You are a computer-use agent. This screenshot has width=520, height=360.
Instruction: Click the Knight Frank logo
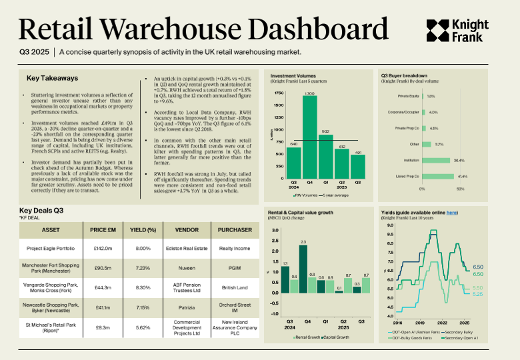(x=457, y=29)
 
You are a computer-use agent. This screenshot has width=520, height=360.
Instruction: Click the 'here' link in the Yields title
(x=451, y=213)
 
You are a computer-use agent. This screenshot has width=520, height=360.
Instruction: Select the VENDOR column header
(x=188, y=230)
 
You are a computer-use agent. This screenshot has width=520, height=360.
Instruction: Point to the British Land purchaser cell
(x=235, y=287)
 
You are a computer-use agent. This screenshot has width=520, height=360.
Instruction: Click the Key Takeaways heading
(x=52, y=78)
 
